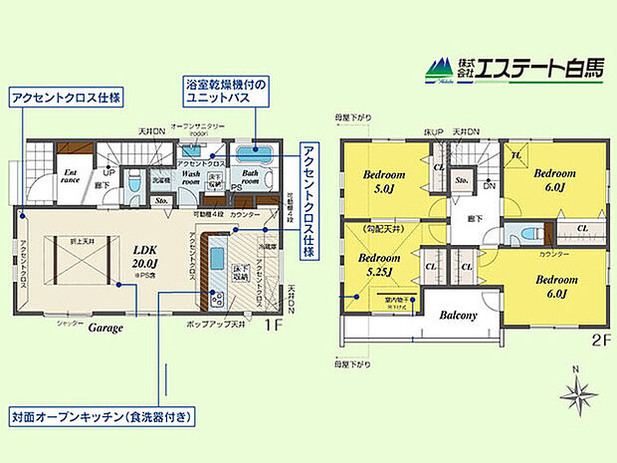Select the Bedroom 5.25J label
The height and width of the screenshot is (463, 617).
pos(378,263)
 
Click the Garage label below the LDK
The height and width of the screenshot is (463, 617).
pos(105,326)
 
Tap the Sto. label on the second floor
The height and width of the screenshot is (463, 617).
pos(462,182)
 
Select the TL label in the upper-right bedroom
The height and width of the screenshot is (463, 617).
pos(516,154)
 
